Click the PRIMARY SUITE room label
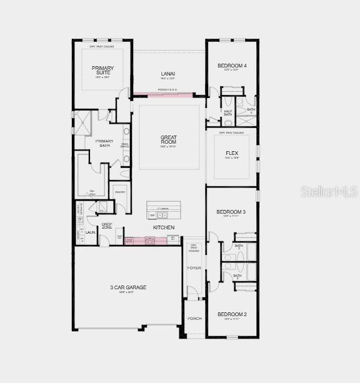point(102,71)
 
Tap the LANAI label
point(167,74)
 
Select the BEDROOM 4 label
point(232,66)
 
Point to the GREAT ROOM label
point(169,140)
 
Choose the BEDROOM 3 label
point(231,212)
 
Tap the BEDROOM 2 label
point(231,314)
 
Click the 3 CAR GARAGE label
point(128,287)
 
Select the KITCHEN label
point(164,227)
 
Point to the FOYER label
point(194,267)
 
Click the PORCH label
point(194,319)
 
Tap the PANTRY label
point(120,192)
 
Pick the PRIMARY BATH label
point(104,143)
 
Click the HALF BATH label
point(227,113)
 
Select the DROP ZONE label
point(107,226)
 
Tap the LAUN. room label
point(91,232)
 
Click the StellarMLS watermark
point(329,191)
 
